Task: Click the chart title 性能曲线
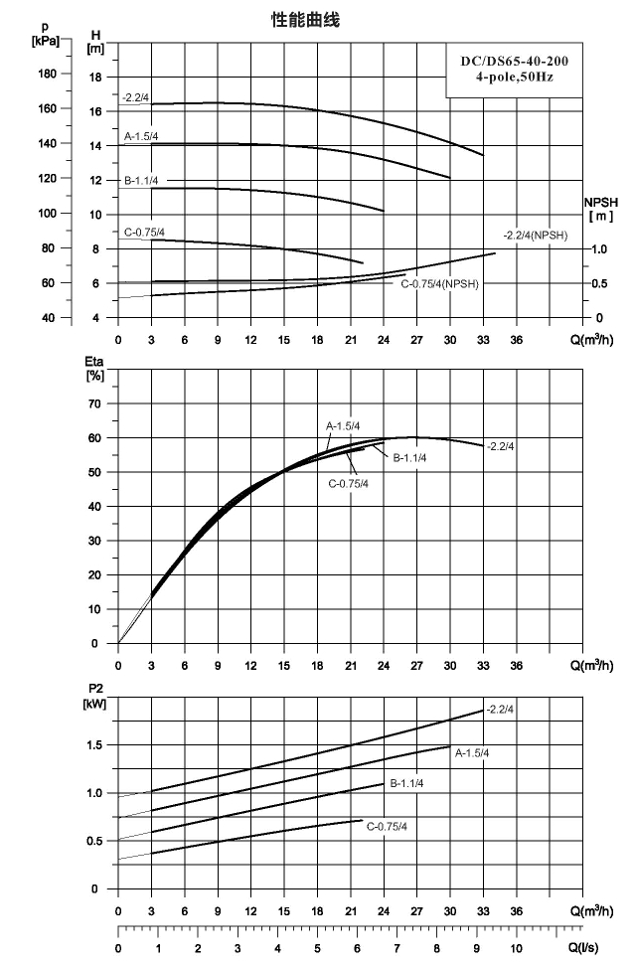click(x=305, y=20)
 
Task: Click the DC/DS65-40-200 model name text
click(x=515, y=61)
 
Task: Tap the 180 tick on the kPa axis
click(x=48, y=74)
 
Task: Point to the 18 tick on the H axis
click(x=95, y=77)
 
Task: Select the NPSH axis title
click(x=601, y=209)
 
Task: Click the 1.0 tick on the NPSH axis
click(x=599, y=249)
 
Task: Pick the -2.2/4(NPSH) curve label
click(x=535, y=236)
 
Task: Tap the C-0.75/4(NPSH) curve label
click(x=439, y=284)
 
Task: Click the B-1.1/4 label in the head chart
click(x=141, y=181)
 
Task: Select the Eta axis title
click(x=94, y=369)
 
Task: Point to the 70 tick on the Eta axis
click(x=95, y=403)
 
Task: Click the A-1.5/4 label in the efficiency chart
click(x=343, y=426)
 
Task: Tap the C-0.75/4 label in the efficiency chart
click(x=349, y=484)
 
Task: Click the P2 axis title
click(x=94, y=696)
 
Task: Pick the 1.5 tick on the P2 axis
click(x=94, y=744)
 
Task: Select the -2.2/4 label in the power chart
click(x=500, y=710)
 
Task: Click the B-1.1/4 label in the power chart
click(x=406, y=784)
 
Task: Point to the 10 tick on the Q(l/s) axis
click(x=516, y=948)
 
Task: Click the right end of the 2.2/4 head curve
click(x=483, y=155)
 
